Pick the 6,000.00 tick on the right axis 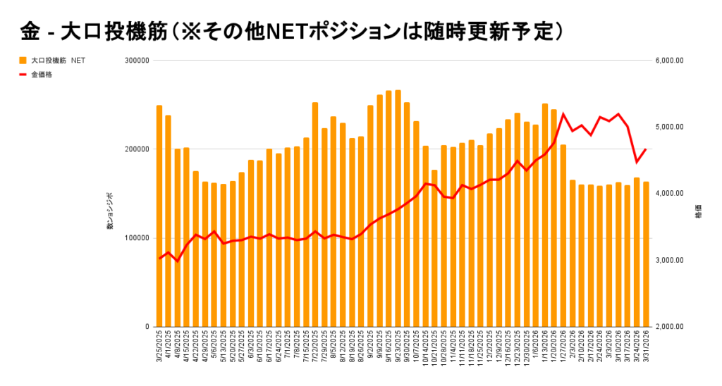(669, 61)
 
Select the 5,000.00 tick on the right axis (669, 127)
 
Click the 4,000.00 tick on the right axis (669, 194)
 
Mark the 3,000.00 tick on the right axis (669, 261)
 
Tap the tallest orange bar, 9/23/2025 (398, 208)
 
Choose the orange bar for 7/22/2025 (315, 215)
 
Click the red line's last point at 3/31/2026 (646, 149)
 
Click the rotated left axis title (110, 210)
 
